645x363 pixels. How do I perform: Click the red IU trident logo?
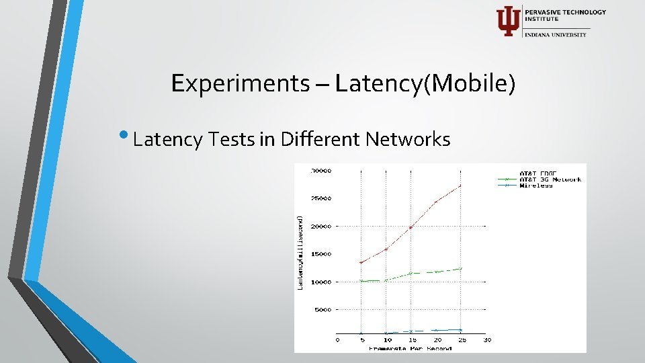(507, 21)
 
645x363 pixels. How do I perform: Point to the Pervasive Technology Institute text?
(564, 15)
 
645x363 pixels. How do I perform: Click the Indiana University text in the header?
(556, 34)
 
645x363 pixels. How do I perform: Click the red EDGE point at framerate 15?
(411, 227)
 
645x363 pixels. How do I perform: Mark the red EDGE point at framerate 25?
(460, 186)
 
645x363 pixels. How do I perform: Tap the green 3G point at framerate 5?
(361, 281)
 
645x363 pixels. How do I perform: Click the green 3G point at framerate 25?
(460, 269)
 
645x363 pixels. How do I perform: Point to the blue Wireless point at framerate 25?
(460, 330)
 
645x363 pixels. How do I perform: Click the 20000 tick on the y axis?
(322, 227)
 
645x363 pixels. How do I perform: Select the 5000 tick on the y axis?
(323, 310)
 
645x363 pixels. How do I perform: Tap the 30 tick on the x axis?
(486, 340)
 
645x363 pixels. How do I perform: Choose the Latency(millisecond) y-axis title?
(300, 253)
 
